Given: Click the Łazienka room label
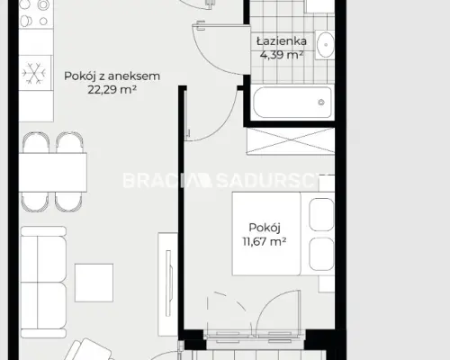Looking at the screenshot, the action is [x=282, y=41].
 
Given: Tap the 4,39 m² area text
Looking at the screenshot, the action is [x=282, y=55].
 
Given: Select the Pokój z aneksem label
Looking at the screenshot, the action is [x=112, y=76].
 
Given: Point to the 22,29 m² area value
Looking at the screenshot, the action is [x=112, y=89].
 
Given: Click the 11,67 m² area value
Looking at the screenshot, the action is [x=265, y=241].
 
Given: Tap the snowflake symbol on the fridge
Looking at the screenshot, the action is [x=33, y=73].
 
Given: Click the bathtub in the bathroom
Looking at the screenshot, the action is [x=292, y=103].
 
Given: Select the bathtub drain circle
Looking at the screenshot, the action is [x=321, y=103].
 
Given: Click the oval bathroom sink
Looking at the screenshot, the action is [x=326, y=45].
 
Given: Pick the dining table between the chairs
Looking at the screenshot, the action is [x=53, y=172].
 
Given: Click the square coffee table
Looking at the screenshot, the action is [x=94, y=283].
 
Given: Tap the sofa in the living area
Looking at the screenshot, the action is [x=43, y=282].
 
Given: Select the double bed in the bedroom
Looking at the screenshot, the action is [x=283, y=233].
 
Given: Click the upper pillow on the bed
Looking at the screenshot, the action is [x=321, y=214].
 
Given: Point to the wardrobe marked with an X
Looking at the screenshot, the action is [x=291, y=141].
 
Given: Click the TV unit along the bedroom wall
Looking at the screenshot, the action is [x=168, y=283].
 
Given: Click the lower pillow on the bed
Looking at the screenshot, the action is [x=321, y=254].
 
